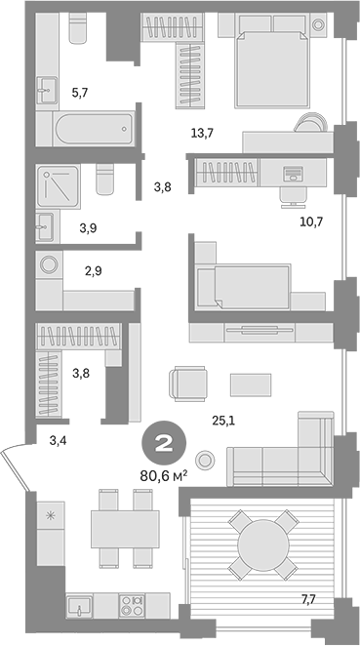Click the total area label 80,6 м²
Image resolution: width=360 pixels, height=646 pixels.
pos(163,478)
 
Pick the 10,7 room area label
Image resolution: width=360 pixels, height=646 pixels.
pos(309,221)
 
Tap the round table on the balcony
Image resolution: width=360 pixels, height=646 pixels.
pos(259,542)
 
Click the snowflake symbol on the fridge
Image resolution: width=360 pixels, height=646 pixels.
pos(49,514)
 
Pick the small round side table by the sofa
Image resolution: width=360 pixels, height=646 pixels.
pos(206,459)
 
